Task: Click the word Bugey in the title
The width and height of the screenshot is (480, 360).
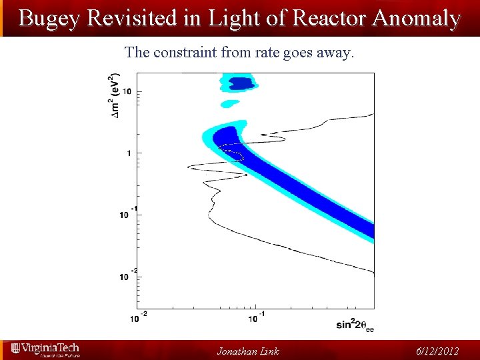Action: [47, 18]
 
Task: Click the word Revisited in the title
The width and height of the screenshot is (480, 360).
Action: [126, 18]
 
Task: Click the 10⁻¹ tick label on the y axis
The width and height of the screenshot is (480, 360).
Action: [129, 213]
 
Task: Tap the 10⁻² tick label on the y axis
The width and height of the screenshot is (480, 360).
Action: [129, 275]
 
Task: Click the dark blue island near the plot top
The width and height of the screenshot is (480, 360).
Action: [241, 83]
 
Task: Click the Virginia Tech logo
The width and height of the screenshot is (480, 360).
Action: [45, 350]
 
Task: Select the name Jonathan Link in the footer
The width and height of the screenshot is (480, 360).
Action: [247, 351]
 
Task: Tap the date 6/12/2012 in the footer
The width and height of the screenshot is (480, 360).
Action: [437, 351]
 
